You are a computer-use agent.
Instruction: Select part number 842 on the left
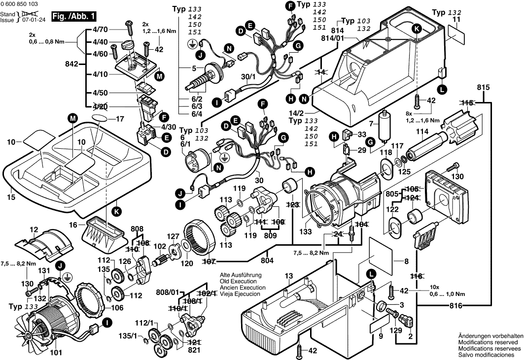(71, 64)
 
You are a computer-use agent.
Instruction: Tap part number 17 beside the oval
(119, 119)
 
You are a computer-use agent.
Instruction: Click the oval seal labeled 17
(99, 118)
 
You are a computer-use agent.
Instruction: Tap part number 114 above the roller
(421, 132)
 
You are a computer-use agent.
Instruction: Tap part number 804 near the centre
(267, 261)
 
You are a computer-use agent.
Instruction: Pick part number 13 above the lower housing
(288, 276)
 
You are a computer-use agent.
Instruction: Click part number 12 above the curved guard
(34, 229)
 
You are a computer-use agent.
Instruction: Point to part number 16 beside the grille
(73, 225)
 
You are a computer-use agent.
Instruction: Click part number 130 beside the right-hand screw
(458, 177)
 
